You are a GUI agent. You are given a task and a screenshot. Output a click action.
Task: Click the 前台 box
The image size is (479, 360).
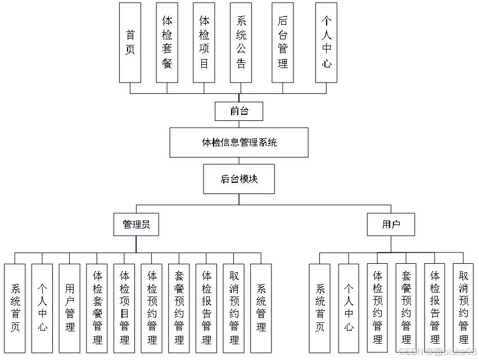[239, 111]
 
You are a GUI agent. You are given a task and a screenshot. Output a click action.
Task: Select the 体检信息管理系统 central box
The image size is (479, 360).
[239, 142]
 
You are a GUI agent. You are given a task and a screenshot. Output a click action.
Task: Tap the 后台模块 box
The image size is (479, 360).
[239, 179]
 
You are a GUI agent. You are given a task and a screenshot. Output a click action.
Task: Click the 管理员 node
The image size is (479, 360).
[136, 224]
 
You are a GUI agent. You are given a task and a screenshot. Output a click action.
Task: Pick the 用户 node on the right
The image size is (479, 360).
[391, 224]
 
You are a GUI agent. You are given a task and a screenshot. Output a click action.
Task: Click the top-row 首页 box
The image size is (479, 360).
[130, 42]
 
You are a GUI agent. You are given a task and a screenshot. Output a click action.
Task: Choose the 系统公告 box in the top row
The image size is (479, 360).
[241, 42]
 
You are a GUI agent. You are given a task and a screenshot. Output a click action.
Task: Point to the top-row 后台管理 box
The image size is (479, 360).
[283, 42]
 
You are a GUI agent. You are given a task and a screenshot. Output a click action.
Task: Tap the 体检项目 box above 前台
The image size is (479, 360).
[204, 42]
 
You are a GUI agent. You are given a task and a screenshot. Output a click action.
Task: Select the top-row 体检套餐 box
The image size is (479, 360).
[167, 42]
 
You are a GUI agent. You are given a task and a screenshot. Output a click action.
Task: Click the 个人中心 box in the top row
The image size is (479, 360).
[327, 42]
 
